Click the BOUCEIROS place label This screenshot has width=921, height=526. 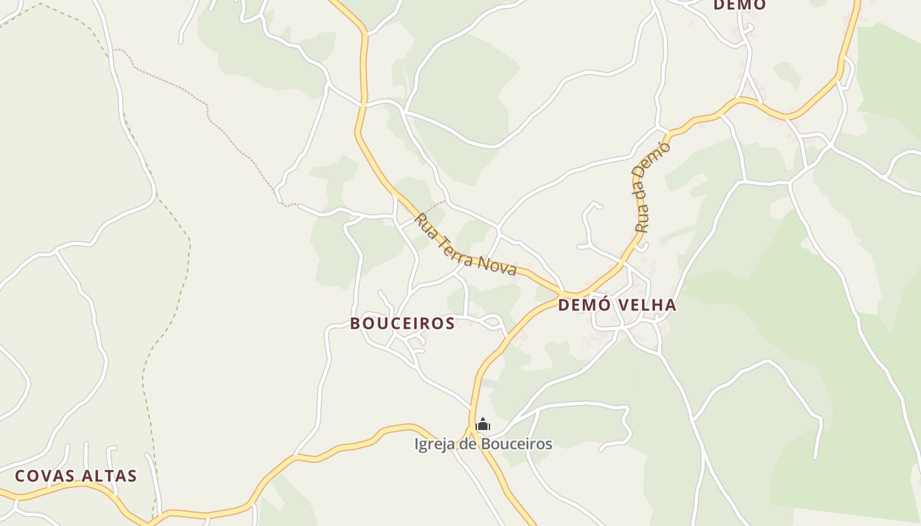(403, 323)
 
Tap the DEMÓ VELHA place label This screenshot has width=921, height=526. (617, 305)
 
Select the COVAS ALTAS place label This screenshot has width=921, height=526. (76, 476)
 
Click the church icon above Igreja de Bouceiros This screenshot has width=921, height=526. (483, 424)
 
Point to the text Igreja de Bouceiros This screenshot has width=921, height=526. (483, 444)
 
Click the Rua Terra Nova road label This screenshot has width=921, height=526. (465, 245)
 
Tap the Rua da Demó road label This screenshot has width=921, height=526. (652, 186)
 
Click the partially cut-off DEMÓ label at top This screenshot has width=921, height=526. (739, 5)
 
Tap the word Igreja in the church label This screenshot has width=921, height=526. (435, 444)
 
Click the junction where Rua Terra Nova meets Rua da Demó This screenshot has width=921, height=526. (564, 293)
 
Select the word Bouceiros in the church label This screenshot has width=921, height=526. (516, 444)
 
